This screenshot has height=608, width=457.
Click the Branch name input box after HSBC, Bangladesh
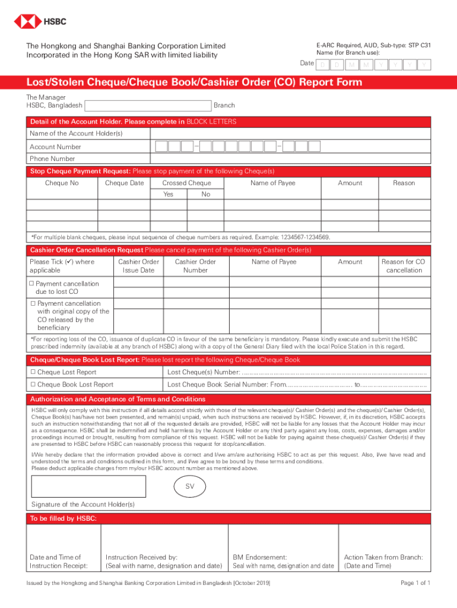pyautogui.click(x=148, y=106)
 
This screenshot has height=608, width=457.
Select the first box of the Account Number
pyautogui.click(x=161, y=147)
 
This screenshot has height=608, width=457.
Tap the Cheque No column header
pyautogui.click(x=62, y=183)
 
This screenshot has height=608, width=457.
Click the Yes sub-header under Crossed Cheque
pyautogui.click(x=169, y=194)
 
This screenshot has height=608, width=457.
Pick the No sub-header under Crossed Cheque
pyautogui.click(x=205, y=194)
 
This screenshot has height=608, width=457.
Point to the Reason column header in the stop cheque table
pyautogui.click(x=404, y=183)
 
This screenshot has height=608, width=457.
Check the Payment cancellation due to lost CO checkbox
pyautogui.click(x=32, y=284)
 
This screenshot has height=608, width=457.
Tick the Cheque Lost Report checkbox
pyautogui.click(x=33, y=372)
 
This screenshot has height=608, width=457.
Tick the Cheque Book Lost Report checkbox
pyautogui.click(x=33, y=385)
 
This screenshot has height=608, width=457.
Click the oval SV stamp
pyautogui.click(x=190, y=487)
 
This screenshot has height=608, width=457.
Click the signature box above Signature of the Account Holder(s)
pyautogui.click(x=87, y=486)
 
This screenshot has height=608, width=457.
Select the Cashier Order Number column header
pyautogui.click(x=195, y=266)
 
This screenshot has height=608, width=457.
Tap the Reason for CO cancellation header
pyautogui.click(x=403, y=266)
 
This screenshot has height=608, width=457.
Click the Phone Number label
pyautogui.click(x=52, y=159)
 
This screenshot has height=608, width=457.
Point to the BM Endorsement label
pyautogui.click(x=259, y=557)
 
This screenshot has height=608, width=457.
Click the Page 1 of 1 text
pyautogui.click(x=415, y=583)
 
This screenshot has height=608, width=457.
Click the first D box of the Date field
pyautogui.click(x=322, y=65)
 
